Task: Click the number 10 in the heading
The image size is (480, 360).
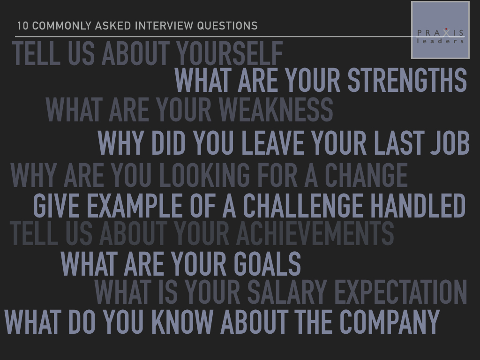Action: pos(22,26)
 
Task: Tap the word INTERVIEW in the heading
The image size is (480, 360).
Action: pos(165,26)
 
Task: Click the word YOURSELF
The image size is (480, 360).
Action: pos(229,53)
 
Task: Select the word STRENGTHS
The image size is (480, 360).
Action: pos(407,80)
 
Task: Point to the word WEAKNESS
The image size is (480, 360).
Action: pos(276,110)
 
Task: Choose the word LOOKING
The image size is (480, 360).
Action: pos(204,175)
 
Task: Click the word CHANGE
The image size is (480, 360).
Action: pos(366,175)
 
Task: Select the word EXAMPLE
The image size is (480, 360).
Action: pos(135,205)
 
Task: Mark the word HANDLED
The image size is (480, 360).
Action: pos(418,205)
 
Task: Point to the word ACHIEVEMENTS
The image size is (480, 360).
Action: pos(315,233)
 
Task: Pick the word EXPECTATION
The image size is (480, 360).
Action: pos(401,292)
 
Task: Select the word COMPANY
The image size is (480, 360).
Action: pos(390,322)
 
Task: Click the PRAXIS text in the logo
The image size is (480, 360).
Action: pos(440,33)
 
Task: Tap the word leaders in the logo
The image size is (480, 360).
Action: pos(440,41)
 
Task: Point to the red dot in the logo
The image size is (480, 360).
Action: pos(446,29)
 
